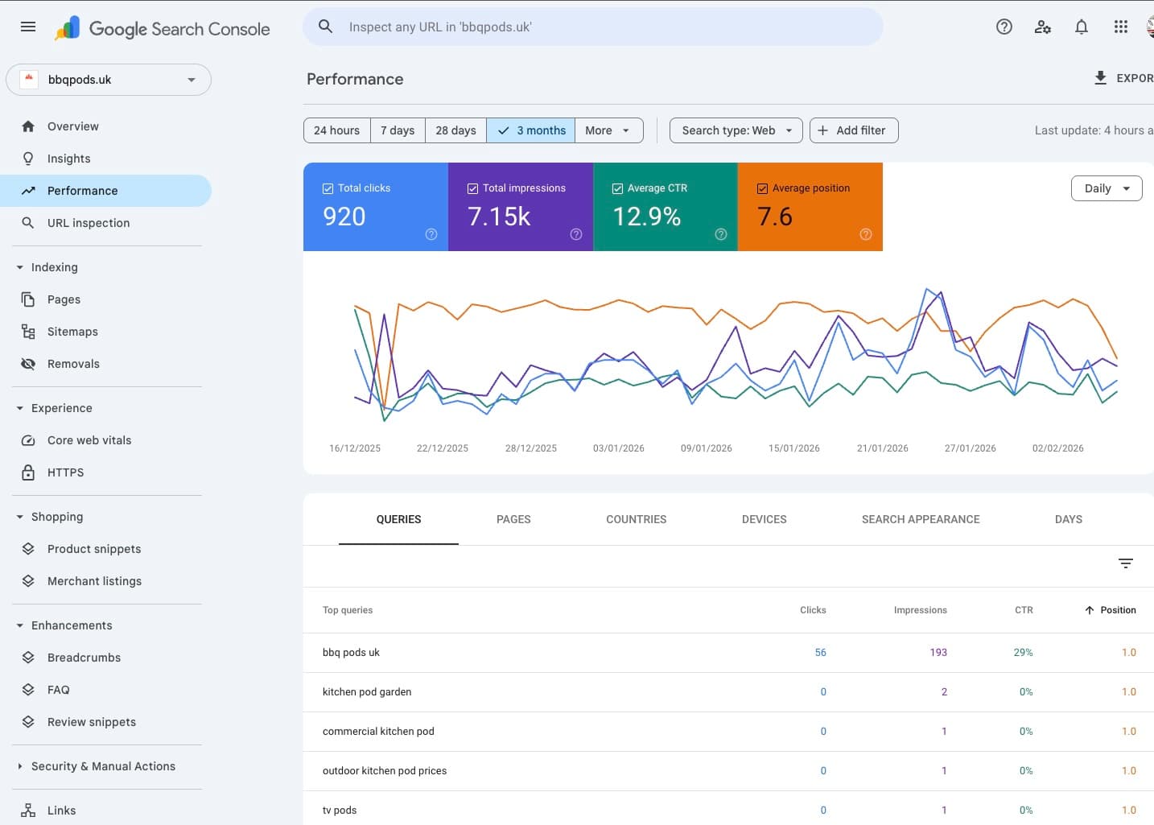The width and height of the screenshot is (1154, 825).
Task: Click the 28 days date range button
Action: click(455, 130)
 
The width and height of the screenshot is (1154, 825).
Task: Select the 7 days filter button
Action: click(398, 130)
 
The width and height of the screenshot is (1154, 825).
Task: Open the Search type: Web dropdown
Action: click(736, 130)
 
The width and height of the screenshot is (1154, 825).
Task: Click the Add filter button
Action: click(853, 130)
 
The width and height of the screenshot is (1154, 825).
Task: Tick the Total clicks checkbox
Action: click(328, 188)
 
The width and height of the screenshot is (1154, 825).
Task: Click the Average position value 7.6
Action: click(774, 217)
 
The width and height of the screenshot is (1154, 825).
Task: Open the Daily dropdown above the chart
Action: click(1106, 188)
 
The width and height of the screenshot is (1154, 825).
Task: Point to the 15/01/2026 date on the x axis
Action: click(793, 448)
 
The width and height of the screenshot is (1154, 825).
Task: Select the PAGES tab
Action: click(513, 519)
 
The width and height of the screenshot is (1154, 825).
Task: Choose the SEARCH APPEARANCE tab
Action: click(920, 519)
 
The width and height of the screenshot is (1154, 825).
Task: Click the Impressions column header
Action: click(920, 610)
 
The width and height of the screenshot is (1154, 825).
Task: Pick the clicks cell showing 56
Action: click(820, 653)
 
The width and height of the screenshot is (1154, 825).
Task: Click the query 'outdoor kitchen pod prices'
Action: click(385, 771)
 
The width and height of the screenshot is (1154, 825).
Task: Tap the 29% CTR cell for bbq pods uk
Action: click(1023, 653)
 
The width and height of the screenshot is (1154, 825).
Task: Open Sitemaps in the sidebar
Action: click(72, 332)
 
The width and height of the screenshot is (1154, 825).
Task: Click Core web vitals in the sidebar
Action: click(89, 440)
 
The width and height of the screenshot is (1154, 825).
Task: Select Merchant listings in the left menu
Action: click(94, 581)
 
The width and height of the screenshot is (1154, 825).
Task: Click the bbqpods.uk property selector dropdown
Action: click(109, 80)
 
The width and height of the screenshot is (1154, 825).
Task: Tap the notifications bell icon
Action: click(1082, 27)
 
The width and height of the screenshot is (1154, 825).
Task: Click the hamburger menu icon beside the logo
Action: click(28, 27)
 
